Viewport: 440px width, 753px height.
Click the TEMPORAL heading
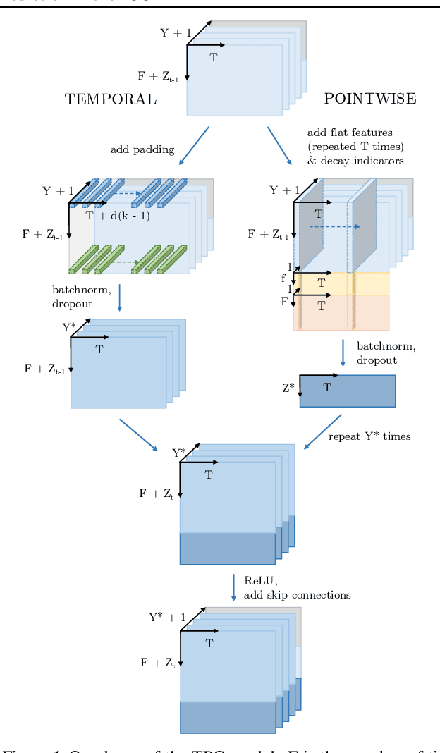tap(111, 99)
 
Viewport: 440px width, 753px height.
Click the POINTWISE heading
tap(369, 99)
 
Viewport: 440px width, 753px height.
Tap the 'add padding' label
tap(142, 149)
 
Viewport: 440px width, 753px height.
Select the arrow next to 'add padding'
tap(194, 146)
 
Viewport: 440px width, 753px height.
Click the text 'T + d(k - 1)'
tap(118, 216)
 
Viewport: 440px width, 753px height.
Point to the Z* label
tap(288, 387)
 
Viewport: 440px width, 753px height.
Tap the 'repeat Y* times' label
tap(369, 436)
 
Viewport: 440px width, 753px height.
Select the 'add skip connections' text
tap(297, 595)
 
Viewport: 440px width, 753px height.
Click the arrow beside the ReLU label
tap(233, 588)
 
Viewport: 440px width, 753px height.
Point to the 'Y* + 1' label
tap(167, 618)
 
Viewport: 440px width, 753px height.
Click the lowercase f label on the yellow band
tap(283, 278)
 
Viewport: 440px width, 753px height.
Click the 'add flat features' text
tap(350, 133)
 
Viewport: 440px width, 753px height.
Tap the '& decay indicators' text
tap(355, 160)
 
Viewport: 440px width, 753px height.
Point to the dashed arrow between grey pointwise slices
tap(329, 227)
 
